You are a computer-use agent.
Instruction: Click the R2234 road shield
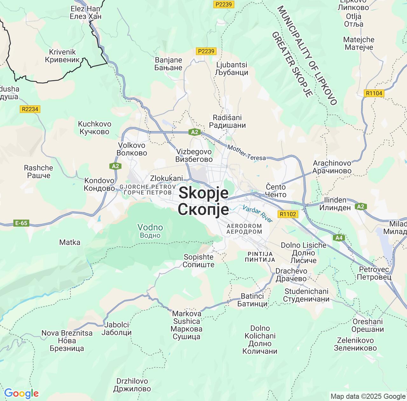point(30,109)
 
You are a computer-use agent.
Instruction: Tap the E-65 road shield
point(21,223)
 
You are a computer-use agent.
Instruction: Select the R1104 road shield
point(374,93)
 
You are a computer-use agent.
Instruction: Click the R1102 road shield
point(288,214)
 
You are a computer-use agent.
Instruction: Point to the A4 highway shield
point(339,237)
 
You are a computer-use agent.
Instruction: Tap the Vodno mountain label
point(150,231)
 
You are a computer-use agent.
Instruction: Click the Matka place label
point(70,242)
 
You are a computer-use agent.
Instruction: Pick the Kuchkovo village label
point(94,128)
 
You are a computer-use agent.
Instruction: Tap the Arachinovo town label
point(332,167)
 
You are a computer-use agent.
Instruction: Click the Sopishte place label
point(198,261)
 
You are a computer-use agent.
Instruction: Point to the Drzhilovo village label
point(132,385)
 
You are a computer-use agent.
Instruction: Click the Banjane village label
point(168,64)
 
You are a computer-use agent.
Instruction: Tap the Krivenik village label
point(62,56)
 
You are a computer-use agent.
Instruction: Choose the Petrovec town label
point(374,273)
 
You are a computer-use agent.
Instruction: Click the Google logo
point(21,393)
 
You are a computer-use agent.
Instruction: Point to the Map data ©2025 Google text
point(368,396)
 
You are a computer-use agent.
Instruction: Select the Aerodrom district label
point(244,229)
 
